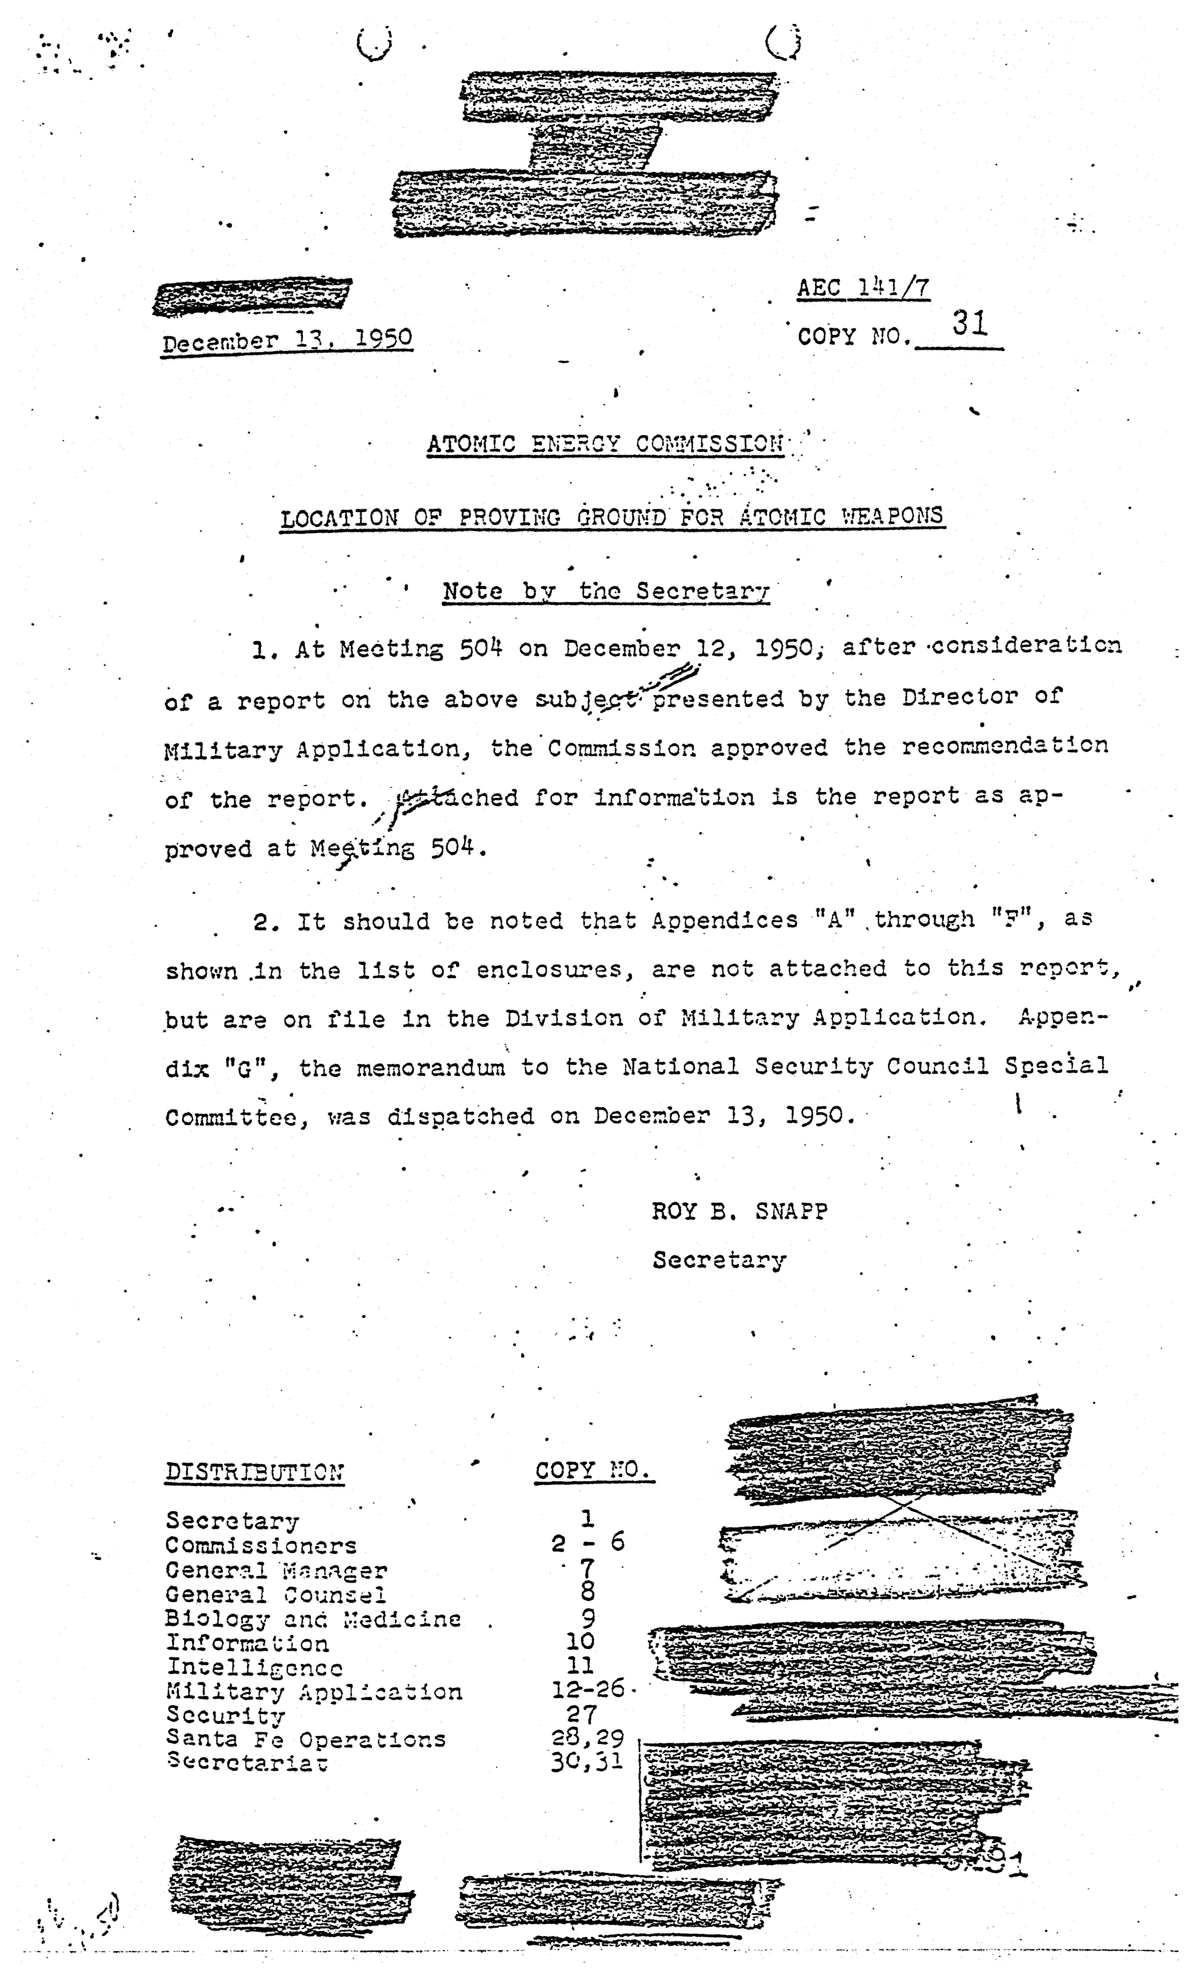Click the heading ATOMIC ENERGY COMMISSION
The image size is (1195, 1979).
[605, 443]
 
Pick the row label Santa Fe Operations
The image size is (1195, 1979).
[305, 1740]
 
